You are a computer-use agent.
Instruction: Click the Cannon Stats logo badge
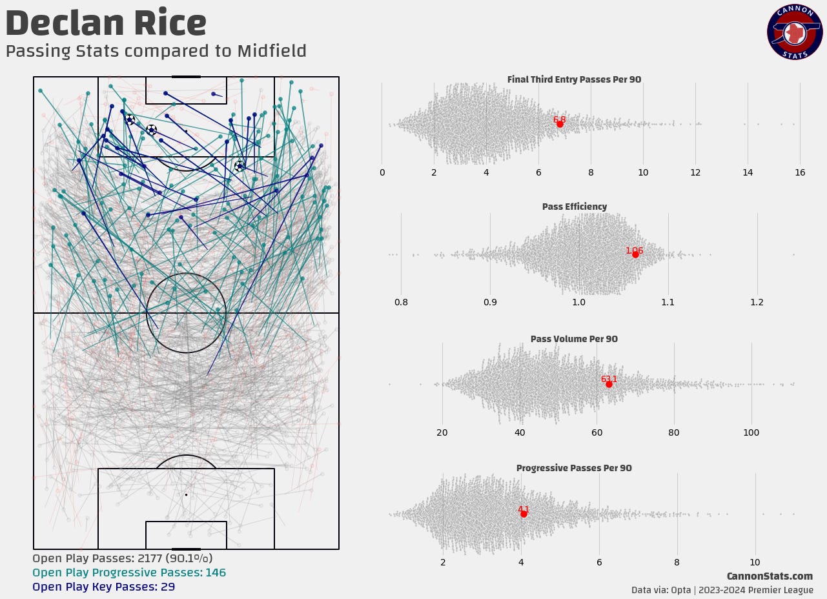[794, 33]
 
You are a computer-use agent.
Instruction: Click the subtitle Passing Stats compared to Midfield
[156, 52]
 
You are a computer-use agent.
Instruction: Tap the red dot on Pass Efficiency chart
[635, 254]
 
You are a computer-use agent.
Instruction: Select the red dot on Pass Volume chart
[609, 384]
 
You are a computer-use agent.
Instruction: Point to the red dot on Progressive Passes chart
[524, 514]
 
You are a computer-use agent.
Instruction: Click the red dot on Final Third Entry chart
[560, 124]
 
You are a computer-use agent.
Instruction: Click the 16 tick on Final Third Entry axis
[800, 172]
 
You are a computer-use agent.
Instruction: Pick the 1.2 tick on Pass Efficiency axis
[757, 302]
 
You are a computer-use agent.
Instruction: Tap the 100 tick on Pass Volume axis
[751, 432]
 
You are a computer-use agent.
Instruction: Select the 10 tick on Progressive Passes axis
[755, 562]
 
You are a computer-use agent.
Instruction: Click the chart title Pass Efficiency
[574, 207]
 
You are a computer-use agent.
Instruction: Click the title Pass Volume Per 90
[574, 339]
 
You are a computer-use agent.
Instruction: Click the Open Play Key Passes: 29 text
[103, 587]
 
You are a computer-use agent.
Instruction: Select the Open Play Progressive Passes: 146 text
[129, 573]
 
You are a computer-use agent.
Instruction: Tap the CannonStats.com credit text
[769, 576]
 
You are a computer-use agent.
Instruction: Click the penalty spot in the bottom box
[186, 494]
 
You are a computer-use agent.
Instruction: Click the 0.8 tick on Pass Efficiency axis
[401, 302]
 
